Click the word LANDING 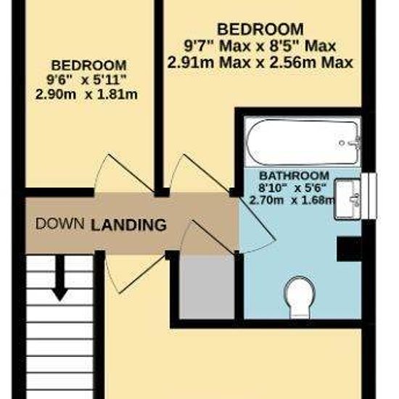point(128,225)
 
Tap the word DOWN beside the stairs point(59,223)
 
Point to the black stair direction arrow point(60,277)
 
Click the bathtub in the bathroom point(303,142)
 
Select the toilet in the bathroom point(300,297)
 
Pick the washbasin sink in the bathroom point(348,199)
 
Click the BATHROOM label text point(294,176)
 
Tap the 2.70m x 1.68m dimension point(292,200)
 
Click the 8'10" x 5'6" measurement point(292,189)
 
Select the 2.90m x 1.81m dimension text point(86,94)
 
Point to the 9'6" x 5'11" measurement point(86,81)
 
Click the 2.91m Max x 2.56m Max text point(260,62)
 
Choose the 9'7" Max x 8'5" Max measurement point(260,46)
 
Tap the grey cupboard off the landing point(207,287)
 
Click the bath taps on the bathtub point(353,143)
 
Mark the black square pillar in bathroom point(349,249)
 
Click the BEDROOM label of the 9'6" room point(89,65)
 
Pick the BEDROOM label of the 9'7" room point(260,29)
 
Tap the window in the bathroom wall point(369,196)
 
